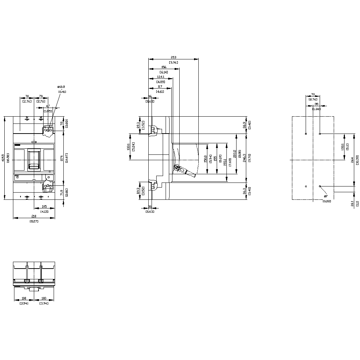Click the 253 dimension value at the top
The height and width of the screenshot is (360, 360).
(174, 57)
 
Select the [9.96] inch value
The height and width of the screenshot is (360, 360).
(174, 63)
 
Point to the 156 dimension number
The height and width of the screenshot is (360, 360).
(164, 67)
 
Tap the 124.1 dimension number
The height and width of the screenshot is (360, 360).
(161, 77)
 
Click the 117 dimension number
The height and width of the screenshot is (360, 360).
(159, 86)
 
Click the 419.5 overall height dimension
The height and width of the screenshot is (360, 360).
(3, 158)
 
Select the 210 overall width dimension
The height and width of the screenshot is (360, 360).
(34, 216)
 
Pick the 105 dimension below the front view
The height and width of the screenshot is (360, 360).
(44, 206)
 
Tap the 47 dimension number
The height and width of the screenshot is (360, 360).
(48, 107)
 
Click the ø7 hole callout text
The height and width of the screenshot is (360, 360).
(326, 196)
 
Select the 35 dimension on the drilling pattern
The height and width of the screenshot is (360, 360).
(317, 104)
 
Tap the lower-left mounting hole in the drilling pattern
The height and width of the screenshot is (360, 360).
(306, 186)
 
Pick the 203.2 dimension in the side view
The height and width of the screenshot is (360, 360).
(235, 154)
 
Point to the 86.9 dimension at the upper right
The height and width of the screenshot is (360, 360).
(245, 125)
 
